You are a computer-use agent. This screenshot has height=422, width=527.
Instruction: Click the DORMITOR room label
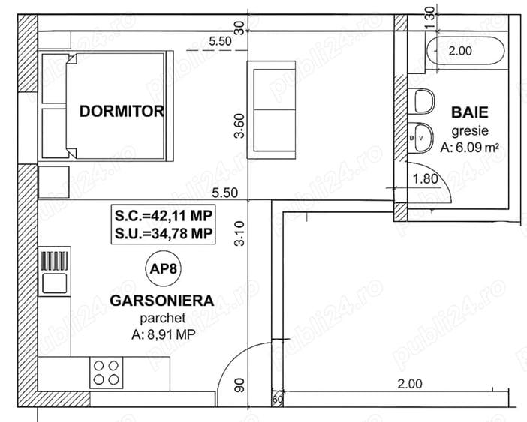(122, 112)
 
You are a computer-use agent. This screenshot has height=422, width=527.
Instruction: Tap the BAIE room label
(469, 112)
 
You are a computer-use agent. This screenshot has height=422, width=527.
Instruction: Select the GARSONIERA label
(162, 301)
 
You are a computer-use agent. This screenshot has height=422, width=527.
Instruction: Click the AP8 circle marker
(164, 268)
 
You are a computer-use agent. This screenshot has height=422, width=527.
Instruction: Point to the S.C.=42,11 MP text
(164, 216)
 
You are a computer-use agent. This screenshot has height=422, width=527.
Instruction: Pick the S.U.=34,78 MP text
(164, 233)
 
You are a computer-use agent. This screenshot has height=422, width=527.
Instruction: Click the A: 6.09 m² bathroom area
(469, 147)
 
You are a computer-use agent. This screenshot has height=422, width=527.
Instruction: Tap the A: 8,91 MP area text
(164, 334)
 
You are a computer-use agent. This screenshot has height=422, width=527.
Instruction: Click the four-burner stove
(106, 373)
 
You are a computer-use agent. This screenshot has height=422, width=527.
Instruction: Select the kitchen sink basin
(54, 283)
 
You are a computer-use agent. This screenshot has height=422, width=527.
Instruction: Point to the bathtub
(465, 51)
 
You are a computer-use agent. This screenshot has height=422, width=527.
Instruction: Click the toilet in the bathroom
(424, 100)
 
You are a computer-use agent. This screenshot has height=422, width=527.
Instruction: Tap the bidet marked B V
(421, 137)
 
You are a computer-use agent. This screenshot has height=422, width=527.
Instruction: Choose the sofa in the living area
(272, 109)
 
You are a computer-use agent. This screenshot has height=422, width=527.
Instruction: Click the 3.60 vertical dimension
(239, 126)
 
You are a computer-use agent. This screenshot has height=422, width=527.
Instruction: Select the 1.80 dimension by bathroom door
(426, 179)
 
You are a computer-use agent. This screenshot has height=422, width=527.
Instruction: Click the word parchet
(163, 318)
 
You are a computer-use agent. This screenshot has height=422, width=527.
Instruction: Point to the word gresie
(470, 131)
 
